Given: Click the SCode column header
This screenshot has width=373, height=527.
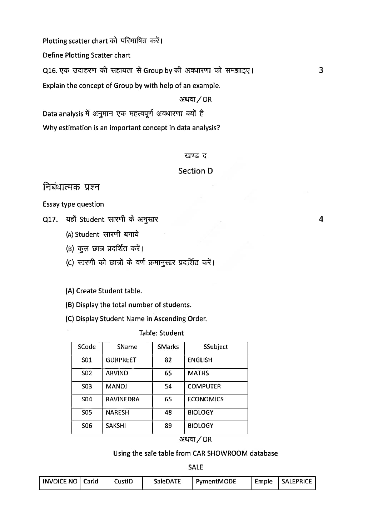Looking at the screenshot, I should pyautogui.click(x=87, y=347).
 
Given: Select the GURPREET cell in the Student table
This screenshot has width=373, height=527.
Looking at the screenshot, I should pyautogui.click(x=121, y=360).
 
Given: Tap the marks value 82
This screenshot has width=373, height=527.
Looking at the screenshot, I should pyautogui.click(x=168, y=360).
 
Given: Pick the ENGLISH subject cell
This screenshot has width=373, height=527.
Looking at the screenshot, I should pyautogui.click(x=200, y=360).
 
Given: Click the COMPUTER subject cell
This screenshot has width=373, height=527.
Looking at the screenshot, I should pyautogui.click(x=204, y=386).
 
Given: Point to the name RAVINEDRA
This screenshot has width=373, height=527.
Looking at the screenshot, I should pyautogui.click(x=123, y=399).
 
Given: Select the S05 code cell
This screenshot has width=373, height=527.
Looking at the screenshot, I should pyautogui.click(x=87, y=412).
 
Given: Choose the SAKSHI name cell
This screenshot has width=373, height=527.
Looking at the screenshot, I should pyautogui.click(x=116, y=426).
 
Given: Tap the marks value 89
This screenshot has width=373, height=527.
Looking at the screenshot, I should pyautogui.click(x=168, y=426).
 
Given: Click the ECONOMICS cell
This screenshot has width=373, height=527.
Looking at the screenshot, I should pyautogui.click(x=205, y=399).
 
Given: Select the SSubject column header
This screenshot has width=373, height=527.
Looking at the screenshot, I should pyautogui.click(x=215, y=347).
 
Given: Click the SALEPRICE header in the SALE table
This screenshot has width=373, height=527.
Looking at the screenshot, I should pyautogui.click(x=297, y=481).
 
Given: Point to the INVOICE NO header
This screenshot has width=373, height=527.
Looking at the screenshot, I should pyautogui.click(x=60, y=481).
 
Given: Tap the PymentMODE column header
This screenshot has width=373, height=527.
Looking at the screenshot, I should pyautogui.click(x=216, y=481).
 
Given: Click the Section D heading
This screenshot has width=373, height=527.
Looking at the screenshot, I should pyautogui.click(x=195, y=171).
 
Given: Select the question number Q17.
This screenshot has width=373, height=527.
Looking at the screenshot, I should pyautogui.click(x=50, y=220).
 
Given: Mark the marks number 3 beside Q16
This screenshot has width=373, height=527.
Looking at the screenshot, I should pyautogui.click(x=321, y=70).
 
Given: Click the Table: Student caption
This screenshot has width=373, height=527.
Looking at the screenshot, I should pyautogui.click(x=161, y=333).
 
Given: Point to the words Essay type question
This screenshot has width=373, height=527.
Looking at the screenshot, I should pyautogui.click(x=73, y=204).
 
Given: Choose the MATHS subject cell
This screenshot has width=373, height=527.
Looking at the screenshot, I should pyautogui.click(x=198, y=373).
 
